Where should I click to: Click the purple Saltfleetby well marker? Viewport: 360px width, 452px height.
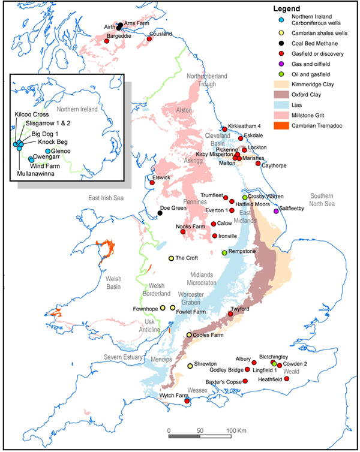pyautogui.click(x=276, y=211)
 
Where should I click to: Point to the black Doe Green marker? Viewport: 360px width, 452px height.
pyautogui.click(x=160, y=213)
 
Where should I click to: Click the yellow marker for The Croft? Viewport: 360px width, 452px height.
pyautogui.click(x=171, y=258)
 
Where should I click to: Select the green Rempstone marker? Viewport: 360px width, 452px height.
pyautogui.click(x=224, y=253)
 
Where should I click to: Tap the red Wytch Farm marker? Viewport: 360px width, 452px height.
pyautogui.click(x=187, y=401)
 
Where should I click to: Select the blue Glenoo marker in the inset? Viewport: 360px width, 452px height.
pyautogui.click(x=48, y=151)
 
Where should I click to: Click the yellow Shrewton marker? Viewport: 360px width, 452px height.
pyautogui.click(x=190, y=366)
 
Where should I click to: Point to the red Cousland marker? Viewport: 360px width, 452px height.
pyautogui.click(x=149, y=40)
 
